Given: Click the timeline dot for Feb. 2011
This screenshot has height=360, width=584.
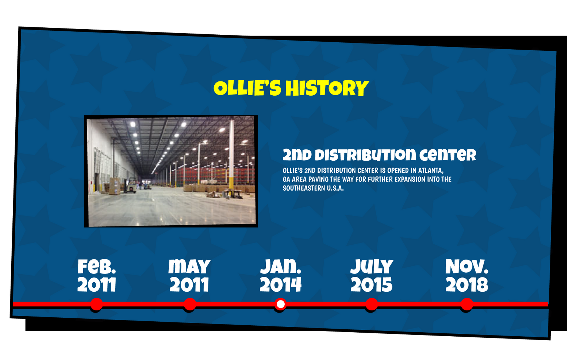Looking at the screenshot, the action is [x=97, y=304].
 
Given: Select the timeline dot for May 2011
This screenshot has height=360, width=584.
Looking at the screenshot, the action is [x=190, y=304].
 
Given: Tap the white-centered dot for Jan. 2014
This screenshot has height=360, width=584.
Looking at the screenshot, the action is [x=281, y=304].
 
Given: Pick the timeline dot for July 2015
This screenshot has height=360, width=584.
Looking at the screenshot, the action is [x=372, y=304].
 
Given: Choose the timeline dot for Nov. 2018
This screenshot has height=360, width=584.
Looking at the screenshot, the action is [x=467, y=304].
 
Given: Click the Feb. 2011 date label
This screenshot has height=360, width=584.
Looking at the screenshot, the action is [x=97, y=276].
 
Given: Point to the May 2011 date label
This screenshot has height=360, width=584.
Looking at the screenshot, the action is [x=189, y=276].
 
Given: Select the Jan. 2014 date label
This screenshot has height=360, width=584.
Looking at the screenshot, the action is [x=281, y=276].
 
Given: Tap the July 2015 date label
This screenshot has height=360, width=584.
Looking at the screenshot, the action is [x=372, y=276].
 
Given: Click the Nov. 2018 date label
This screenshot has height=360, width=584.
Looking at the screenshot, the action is [x=467, y=276].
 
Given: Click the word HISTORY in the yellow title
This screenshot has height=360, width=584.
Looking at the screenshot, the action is [x=327, y=88].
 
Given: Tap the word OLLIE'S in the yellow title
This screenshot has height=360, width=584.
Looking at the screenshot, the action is [x=247, y=88].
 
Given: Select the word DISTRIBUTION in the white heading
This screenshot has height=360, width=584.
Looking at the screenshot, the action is [x=365, y=155].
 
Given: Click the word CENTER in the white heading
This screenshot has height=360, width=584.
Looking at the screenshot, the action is [x=448, y=155].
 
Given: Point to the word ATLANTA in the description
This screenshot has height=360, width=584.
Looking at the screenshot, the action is [x=431, y=171].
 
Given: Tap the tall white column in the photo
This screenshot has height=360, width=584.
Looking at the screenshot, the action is [x=231, y=154].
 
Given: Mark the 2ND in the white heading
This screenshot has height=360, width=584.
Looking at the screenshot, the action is [x=297, y=155].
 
